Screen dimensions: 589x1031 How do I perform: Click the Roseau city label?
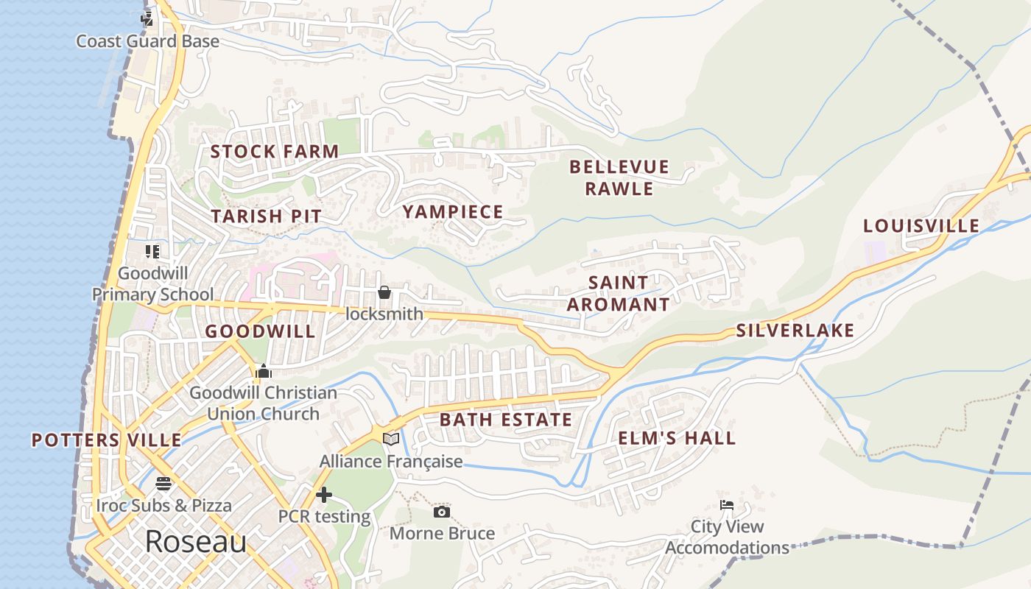pos(195,541)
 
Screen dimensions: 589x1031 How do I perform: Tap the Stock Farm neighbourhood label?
pos(275,152)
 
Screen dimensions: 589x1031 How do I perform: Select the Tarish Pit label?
pos(267,216)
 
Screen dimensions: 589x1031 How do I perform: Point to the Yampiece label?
pos(453,212)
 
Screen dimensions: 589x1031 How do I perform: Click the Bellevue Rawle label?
pos(619,177)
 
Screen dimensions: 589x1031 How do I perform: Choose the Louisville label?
pos(921,225)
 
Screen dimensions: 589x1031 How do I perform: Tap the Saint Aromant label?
pos(619,293)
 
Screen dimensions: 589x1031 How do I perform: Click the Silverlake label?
pos(795,331)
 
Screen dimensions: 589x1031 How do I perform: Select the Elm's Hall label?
pos(677,438)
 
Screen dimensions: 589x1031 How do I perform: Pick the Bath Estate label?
pos(506,420)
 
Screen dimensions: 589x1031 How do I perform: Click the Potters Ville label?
pos(106,440)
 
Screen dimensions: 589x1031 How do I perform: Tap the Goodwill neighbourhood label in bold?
pos(260,331)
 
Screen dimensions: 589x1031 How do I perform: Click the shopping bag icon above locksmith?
pos(384,292)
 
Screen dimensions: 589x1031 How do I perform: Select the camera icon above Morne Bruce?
pos(442,512)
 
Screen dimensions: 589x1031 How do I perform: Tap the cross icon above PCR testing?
pos(323,495)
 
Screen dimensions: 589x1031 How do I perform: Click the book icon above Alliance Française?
pos(391,439)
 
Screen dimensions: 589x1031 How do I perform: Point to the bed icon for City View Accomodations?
pos(727,505)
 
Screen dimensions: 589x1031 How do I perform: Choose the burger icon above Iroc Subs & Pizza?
pos(163,484)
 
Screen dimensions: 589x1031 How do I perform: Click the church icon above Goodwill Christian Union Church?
pos(263,370)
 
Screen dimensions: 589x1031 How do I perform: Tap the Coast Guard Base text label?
pos(148,41)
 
